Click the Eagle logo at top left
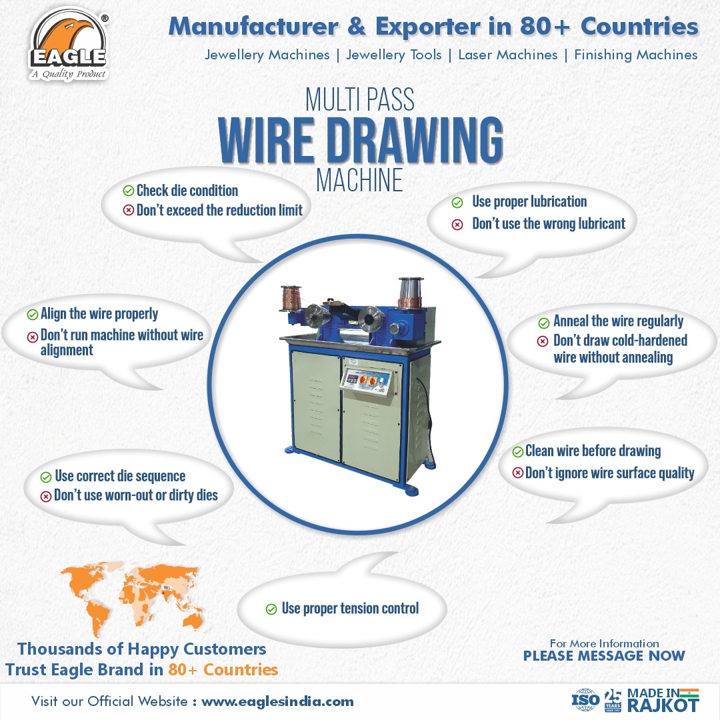pyautogui.click(x=69, y=45)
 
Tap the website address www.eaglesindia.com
pyautogui.click(x=277, y=701)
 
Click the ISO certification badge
pyautogui.click(x=585, y=700)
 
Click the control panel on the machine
pyautogui.click(x=367, y=381)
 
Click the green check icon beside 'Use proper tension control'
pyautogui.click(x=271, y=609)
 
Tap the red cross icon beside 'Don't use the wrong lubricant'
pyautogui.click(x=457, y=225)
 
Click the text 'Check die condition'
pyautogui.click(x=187, y=191)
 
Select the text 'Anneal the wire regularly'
pyautogui.click(x=618, y=321)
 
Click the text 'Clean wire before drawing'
pyautogui.click(x=593, y=451)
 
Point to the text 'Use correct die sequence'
pyautogui.click(x=120, y=476)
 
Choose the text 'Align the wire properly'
pyautogui.click(x=99, y=314)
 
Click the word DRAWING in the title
pyautogui.click(x=415, y=140)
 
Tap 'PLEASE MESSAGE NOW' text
pyautogui.click(x=604, y=656)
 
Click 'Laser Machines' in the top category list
pyautogui.click(x=508, y=55)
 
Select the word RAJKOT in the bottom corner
pyautogui.click(x=663, y=705)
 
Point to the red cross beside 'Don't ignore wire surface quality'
pyautogui.click(x=517, y=473)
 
